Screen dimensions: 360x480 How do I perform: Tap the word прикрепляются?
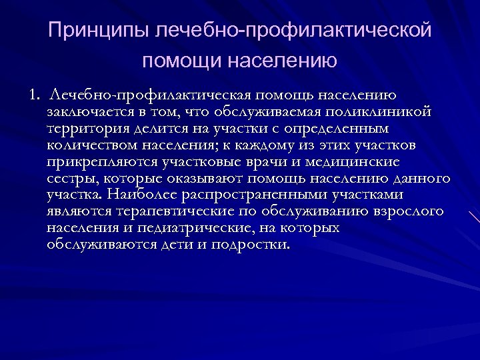coord(97,161)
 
